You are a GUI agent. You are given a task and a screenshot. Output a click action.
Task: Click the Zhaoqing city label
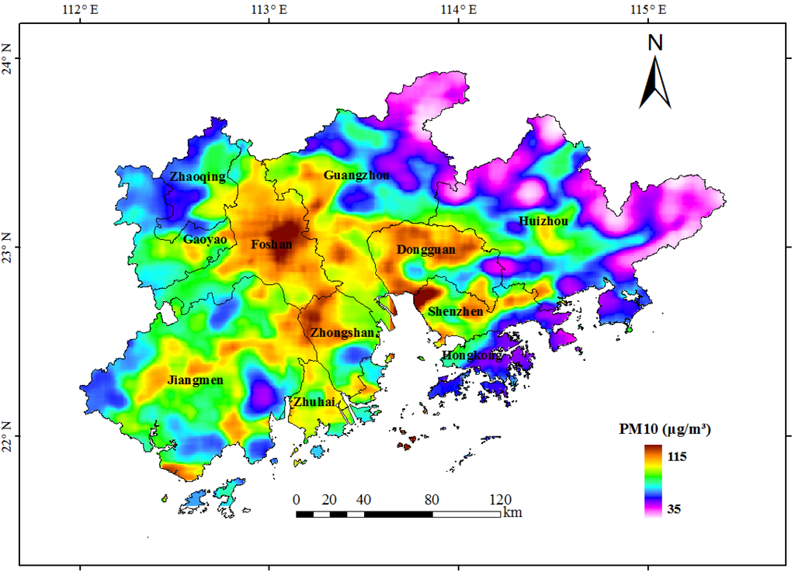(x=198, y=177)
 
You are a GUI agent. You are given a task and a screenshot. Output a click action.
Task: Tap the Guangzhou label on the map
(x=356, y=175)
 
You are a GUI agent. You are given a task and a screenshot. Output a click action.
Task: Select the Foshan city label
(x=272, y=244)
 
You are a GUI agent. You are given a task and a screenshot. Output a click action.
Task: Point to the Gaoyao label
(x=205, y=240)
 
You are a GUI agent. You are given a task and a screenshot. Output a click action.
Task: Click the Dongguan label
(x=425, y=250)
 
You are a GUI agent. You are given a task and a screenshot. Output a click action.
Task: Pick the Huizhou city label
(x=543, y=221)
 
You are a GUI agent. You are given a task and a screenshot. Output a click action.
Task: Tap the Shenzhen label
(x=456, y=311)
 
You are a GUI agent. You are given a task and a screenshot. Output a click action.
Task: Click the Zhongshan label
(x=342, y=333)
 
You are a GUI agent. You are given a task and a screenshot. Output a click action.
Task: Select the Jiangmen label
(x=196, y=380)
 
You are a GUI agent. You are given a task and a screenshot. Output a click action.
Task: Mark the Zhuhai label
(x=314, y=402)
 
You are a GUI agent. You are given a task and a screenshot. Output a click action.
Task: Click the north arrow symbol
(x=655, y=85)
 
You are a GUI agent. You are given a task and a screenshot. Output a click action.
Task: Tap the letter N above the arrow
(x=655, y=43)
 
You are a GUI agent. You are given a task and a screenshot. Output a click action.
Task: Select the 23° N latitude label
(x=10, y=248)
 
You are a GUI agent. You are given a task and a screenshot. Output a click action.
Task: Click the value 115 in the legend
(x=677, y=457)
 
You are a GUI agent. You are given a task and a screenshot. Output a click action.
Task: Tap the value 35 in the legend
(x=674, y=510)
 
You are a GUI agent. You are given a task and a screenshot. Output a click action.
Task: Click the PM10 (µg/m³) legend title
(x=665, y=428)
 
